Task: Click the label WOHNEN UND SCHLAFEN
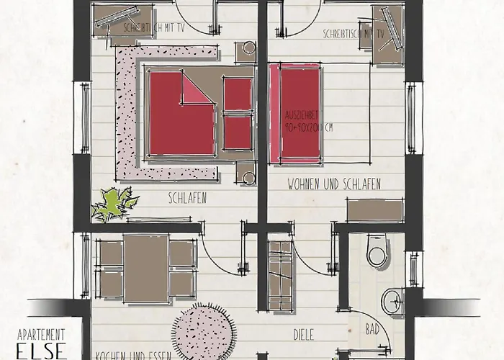click(334, 183)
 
